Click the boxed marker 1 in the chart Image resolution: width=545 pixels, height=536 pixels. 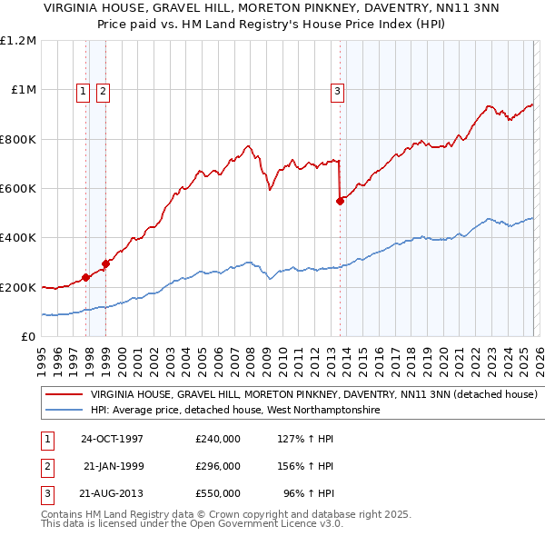[83, 90]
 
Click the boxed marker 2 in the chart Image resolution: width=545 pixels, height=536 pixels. [103, 90]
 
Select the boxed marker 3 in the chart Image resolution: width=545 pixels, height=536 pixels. [337, 90]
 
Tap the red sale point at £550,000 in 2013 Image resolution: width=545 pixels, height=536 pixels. [341, 202]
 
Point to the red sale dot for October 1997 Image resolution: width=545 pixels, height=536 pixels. [86, 277]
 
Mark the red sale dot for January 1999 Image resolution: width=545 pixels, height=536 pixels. [106, 263]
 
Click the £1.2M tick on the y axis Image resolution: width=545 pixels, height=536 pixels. [18, 41]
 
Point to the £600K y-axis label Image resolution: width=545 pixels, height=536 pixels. [18, 189]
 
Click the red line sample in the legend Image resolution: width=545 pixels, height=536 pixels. [64, 395]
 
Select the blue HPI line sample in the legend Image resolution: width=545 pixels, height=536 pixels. [64, 411]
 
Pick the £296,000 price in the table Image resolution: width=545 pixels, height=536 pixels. [218, 466]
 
